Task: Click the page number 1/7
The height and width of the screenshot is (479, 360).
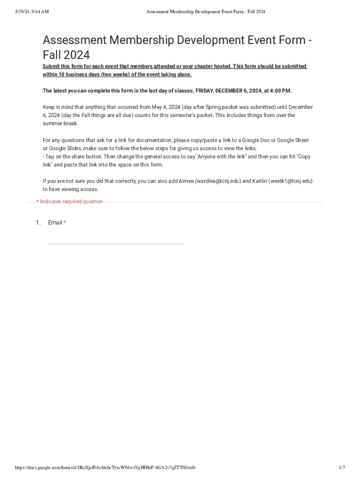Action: pos(342,468)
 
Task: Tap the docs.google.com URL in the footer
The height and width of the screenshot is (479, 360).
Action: pos(105,468)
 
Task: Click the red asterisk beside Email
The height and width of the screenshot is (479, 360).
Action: pos(65,223)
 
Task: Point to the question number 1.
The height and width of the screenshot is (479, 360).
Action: pos(38,223)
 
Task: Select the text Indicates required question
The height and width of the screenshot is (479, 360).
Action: pos(71,202)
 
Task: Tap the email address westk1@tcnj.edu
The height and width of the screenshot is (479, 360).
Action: pos(290,181)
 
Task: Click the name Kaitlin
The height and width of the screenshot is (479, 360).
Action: pos(258,181)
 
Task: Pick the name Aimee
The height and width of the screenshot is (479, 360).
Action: pos(186,181)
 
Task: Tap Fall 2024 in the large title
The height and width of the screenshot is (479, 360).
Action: pos(66,56)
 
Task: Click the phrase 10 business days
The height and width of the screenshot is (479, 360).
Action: pos(75,74)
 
